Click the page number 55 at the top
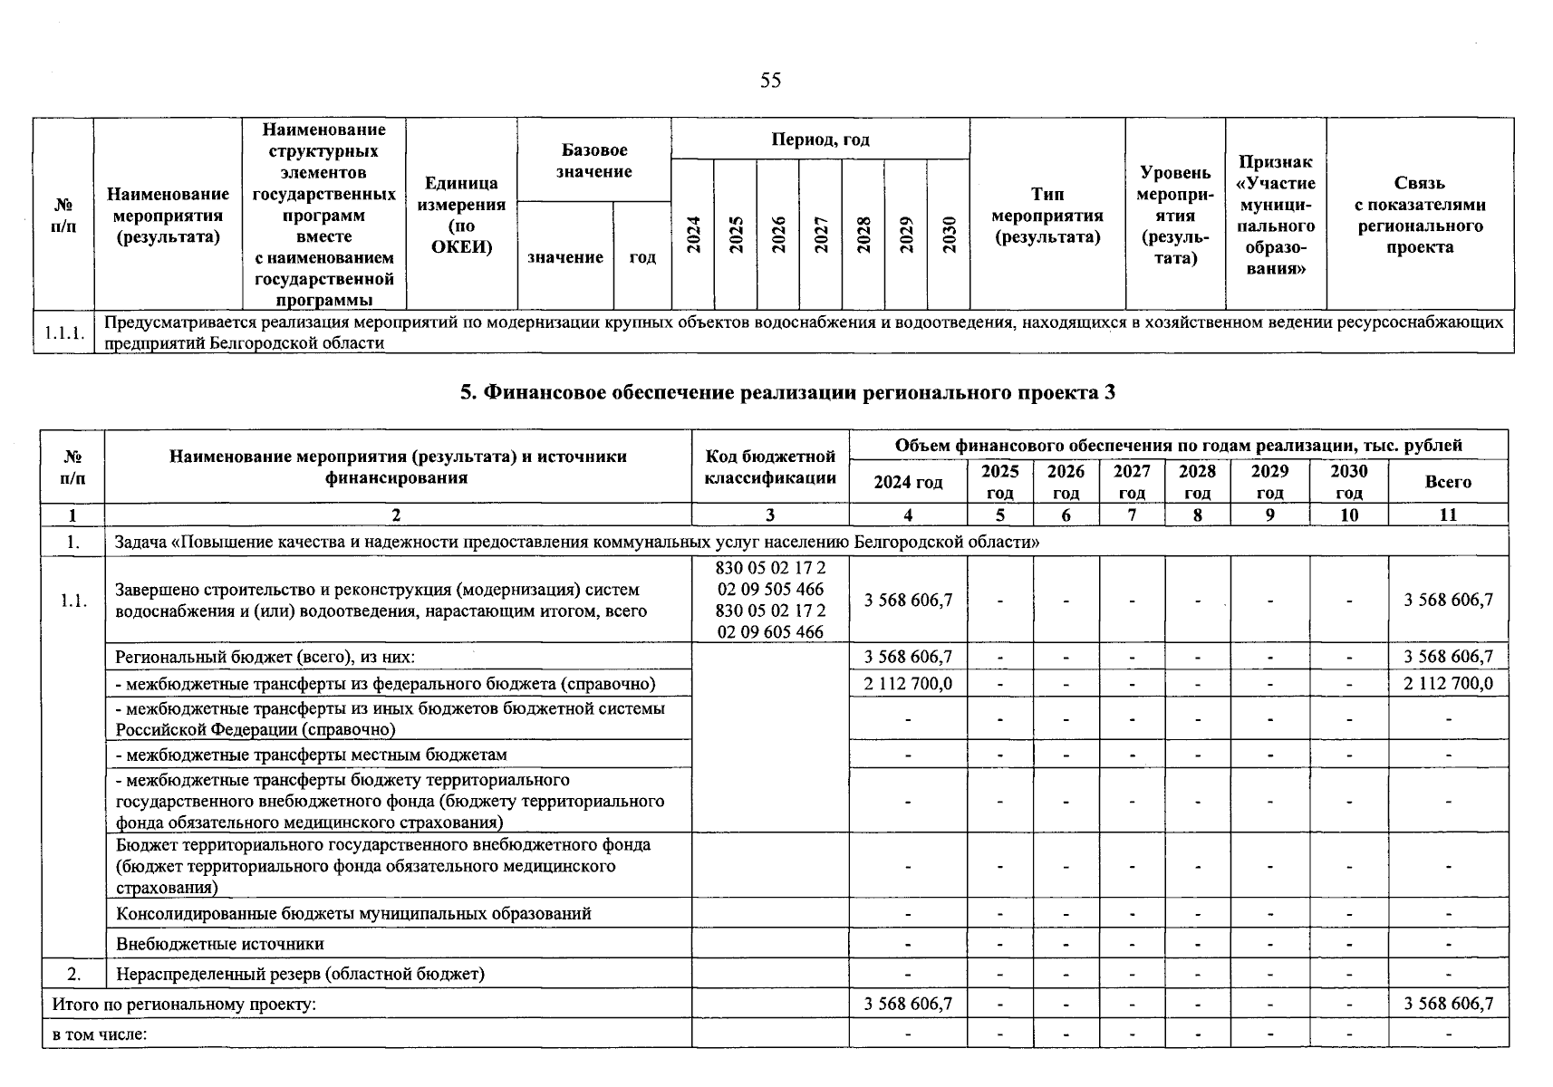coord(770,81)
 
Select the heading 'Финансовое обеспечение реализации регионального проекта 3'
coord(787,392)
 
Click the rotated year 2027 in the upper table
coord(821,235)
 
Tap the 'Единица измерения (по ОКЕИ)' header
coord(461,216)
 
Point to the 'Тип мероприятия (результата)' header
coord(1047,216)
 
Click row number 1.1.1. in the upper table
coord(63,332)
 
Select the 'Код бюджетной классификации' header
coord(770,467)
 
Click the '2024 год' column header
coord(908,482)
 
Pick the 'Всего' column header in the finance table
coord(1447,482)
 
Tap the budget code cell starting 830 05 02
coord(770,600)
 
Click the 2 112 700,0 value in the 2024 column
coord(908,683)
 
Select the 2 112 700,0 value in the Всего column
coord(1448,683)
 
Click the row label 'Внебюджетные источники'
coord(220,944)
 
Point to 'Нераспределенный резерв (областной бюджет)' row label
coord(300,974)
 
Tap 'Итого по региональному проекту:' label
coord(184,1004)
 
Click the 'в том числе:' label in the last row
coord(100,1034)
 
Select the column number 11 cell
coord(1448,515)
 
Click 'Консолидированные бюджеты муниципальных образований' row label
coord(353,913)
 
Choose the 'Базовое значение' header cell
coord(593,160)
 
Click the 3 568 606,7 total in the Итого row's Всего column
coord(1448,1004)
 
